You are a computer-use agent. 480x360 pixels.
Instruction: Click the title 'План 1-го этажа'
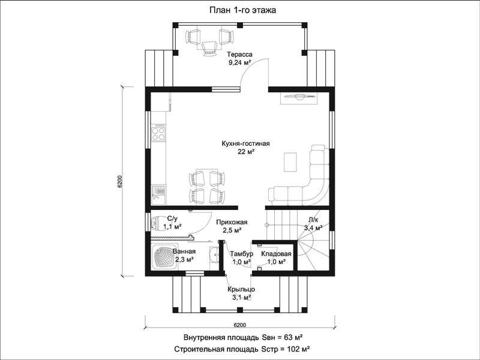tap(243, 10)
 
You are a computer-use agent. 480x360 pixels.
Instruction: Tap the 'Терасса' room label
tap(239, 55)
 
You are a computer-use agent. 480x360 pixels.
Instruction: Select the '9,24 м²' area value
tap(239, 63)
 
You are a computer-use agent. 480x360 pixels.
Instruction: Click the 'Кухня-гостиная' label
tap(246, 143)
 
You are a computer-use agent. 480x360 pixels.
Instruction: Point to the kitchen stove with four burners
tap(158, 133)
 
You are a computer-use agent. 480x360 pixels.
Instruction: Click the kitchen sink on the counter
tap(158, 195)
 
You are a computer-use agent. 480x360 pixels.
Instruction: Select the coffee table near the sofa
tap(290, 161)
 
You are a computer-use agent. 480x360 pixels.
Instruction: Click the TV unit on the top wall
tap(299, 98)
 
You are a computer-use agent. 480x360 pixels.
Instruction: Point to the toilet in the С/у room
tap(156, 223)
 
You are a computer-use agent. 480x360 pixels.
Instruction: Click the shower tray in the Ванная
tap(165, 257)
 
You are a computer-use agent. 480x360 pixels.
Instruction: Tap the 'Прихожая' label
tap(232, 223)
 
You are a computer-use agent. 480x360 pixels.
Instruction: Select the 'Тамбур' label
tap(242, 254)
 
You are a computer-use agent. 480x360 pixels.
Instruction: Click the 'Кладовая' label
tap(276, 254)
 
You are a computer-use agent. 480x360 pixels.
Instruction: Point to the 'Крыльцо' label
tap(241, 289)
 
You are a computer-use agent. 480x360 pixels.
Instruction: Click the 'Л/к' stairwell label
tap(313, 219)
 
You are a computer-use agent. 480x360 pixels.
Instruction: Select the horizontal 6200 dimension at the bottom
tap(240, 325)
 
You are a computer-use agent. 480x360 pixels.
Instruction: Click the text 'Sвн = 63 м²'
tap(282, 338)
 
